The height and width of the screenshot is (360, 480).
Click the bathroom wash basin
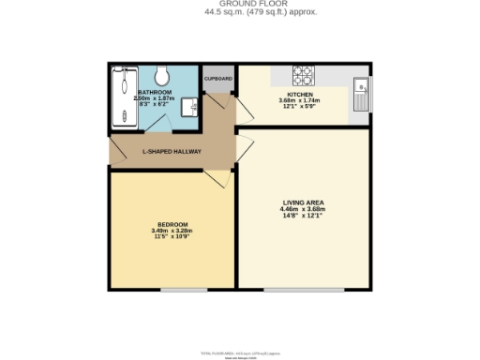187,105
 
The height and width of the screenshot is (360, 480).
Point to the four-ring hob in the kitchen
305,74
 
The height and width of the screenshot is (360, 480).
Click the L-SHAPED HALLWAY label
172,151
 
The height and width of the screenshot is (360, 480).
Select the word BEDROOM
172,225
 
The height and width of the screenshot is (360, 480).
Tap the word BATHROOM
155,92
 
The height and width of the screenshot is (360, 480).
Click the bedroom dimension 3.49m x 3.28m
172,232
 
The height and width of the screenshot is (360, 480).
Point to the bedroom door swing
214,178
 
